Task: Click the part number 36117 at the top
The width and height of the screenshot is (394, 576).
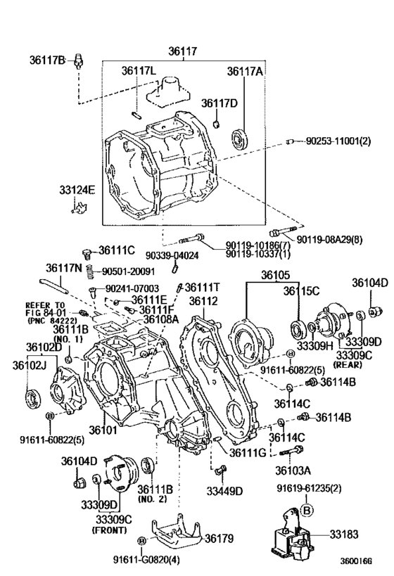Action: pos(183,51)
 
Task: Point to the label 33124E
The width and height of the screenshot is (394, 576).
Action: pos(77,190)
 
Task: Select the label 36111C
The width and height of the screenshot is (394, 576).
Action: pos(116,250)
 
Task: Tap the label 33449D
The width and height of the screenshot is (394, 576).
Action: pos(224,491)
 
